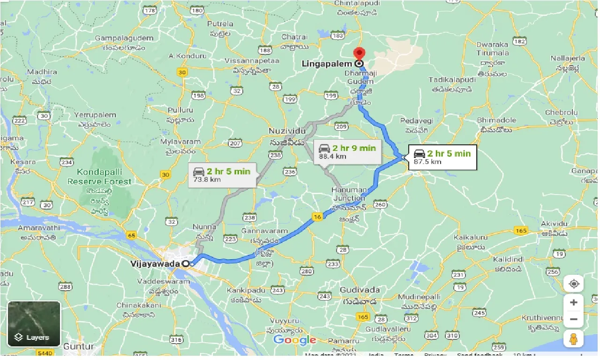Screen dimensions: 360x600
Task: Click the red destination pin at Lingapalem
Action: [359, 53]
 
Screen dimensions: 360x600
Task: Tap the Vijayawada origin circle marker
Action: [186, 264]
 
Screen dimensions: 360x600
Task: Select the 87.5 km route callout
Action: [441, 157]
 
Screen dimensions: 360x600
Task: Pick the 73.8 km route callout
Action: [222, 175]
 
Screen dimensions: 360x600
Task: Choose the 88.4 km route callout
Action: [347, 152]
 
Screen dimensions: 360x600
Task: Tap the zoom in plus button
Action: [574, 303]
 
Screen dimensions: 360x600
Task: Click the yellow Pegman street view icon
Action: [574, 339]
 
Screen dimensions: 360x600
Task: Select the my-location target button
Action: [574, 284]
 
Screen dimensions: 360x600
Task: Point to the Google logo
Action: [294, 340]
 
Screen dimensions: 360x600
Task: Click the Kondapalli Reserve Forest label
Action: [99, 177]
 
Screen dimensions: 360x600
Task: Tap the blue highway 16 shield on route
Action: [318, 217]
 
